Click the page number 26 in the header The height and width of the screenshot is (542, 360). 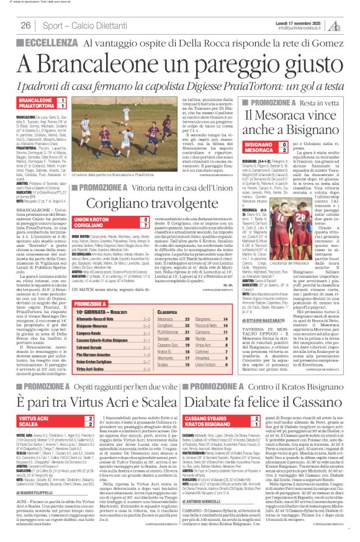(x=26, y=24)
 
